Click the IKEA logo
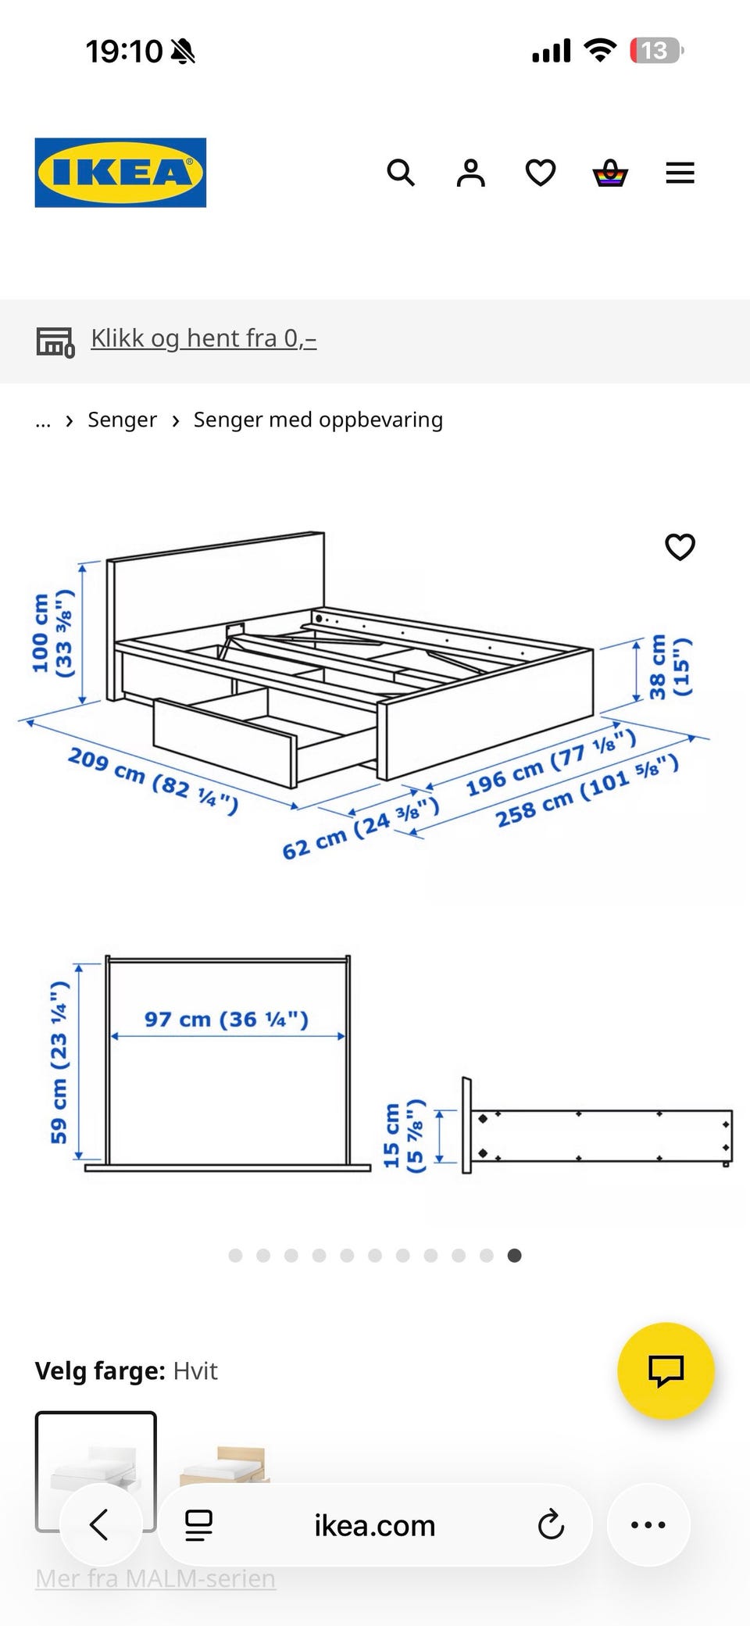click(120, 173)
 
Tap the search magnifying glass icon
click(401, 173)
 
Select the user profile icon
click(470, 173)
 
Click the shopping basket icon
click(610, 173)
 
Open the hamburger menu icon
click(680, 173)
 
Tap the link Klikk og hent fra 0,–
click(204, 338)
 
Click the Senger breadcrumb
click(122, 420)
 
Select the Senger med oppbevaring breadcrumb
click(318, 420)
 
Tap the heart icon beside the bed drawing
click(680, 547)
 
